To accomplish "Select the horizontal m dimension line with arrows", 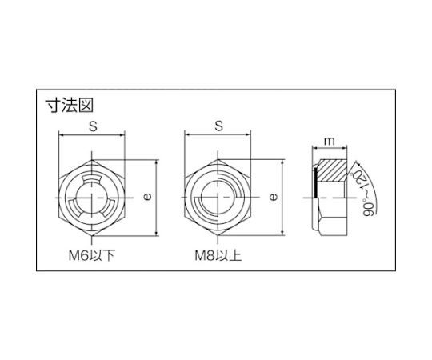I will pos(328,150).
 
